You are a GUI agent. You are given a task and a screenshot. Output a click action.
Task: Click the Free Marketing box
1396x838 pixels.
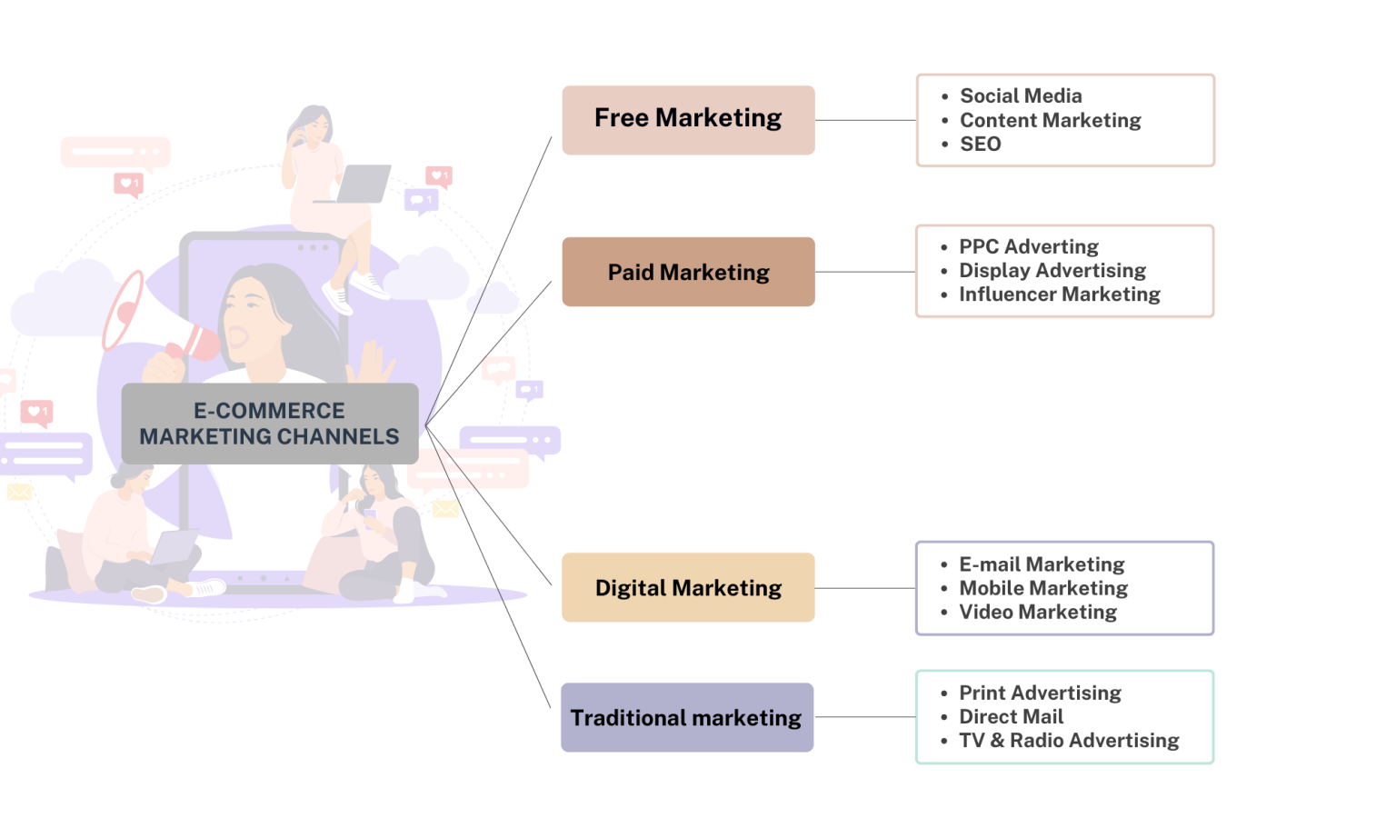pos(688,120)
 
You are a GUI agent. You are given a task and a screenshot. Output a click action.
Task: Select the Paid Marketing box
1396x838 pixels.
pos(688,272)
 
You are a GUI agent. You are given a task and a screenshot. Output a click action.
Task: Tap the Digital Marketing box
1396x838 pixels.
pos(688,587)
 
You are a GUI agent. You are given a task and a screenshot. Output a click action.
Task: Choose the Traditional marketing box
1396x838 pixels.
pos(687,717)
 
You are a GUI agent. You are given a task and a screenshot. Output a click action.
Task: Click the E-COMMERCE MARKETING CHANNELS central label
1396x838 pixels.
pos(269,424)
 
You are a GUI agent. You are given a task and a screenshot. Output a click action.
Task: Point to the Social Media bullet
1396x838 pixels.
pos(1021,96)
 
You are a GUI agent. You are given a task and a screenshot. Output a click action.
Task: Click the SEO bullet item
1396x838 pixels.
pos(981,145)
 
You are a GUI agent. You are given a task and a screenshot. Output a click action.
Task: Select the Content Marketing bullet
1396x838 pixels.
pos(1050,120)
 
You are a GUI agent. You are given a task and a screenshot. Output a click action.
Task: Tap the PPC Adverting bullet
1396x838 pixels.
pos(1029,247)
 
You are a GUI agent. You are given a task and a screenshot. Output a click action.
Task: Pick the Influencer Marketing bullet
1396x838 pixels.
pos(1059,294)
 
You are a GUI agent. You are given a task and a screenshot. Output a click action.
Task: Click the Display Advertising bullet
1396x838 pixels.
pos(1052,271)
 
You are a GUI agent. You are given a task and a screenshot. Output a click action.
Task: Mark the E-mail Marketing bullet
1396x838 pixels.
pos(1042,564)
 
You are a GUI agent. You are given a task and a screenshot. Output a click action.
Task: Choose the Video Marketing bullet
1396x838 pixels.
pos(1038,613)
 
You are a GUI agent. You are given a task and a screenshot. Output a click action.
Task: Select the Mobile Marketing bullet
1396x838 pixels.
pos(1043,588)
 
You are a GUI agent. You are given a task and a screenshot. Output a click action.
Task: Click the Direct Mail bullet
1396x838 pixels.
pos(1011,717)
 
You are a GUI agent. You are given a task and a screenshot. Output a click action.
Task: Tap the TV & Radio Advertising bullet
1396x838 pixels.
pos(1069,741)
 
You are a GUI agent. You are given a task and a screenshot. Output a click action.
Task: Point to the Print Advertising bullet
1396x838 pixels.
pos(1040,693)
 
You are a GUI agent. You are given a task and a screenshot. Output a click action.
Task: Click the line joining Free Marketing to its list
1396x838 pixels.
pos(865,120)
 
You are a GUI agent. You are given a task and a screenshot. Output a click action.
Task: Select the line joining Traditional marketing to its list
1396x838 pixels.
pos(865,717)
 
